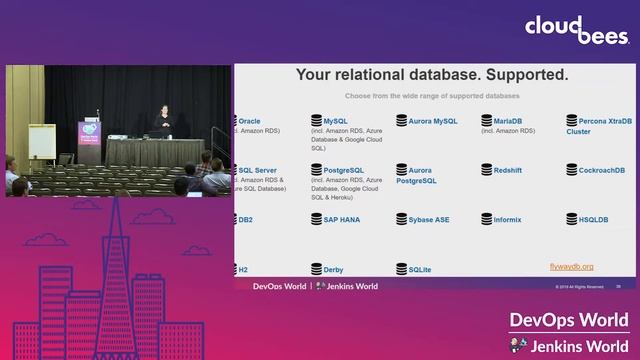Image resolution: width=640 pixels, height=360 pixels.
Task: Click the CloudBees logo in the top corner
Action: tap(577, 29)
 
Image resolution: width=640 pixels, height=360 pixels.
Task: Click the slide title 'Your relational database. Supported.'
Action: tap(432, 75)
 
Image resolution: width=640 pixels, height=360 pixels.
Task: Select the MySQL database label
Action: tap(336, 121)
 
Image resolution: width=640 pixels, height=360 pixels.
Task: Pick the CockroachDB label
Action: tap(601, 171)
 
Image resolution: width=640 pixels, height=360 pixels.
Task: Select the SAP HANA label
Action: tap(341, 219)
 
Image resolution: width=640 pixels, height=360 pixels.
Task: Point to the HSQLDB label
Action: tap(593, 219)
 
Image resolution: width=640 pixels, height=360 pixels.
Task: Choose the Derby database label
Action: tap(333, 269)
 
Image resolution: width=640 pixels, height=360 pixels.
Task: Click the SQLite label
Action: tap(420, 269)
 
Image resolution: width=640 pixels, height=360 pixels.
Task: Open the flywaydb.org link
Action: tap(572, 267)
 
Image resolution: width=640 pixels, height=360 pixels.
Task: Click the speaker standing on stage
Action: tap(163, 121)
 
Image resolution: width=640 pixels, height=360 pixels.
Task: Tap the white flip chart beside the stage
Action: tap(41, 141)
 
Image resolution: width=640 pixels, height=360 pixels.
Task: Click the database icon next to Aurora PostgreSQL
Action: tap(401, 171)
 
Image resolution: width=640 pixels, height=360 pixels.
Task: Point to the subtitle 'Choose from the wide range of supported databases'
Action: tap(432, 96)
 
